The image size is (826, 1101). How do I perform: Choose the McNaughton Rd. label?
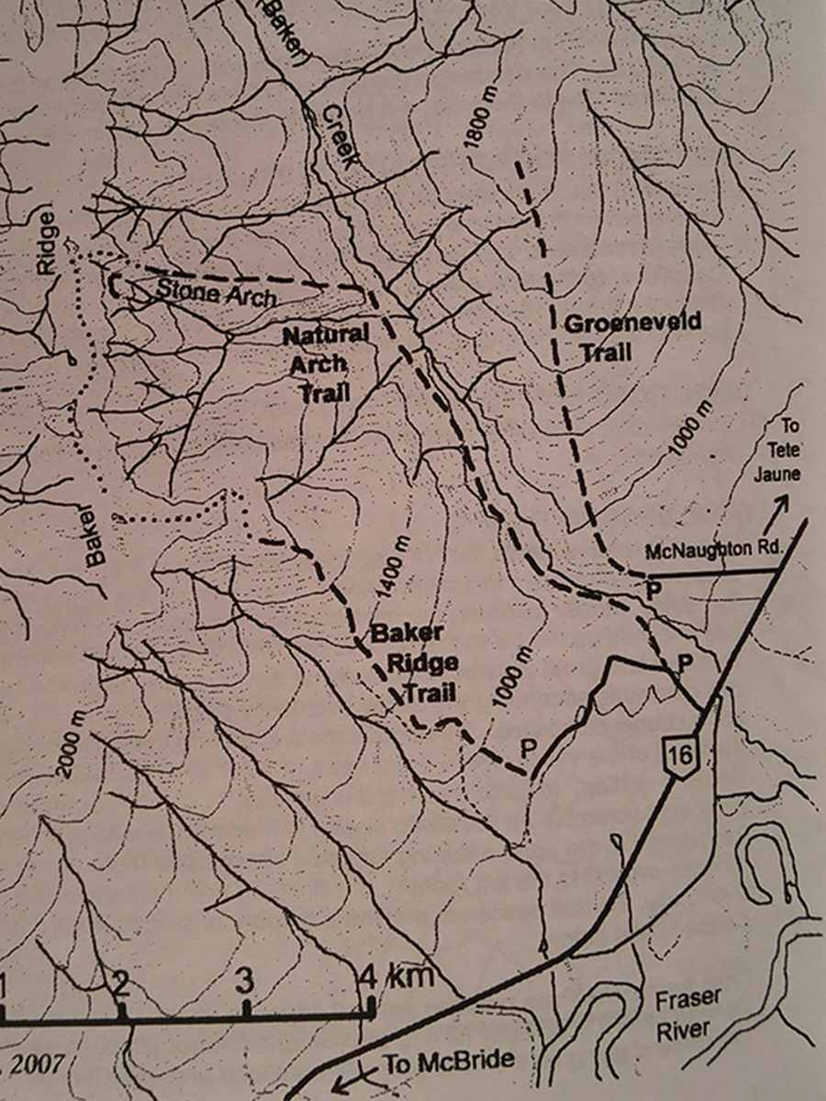(x=712, y=551)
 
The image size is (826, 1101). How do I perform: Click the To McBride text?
(x=446, y=1063)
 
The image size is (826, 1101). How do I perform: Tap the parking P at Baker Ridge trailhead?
(x=529, y=748)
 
